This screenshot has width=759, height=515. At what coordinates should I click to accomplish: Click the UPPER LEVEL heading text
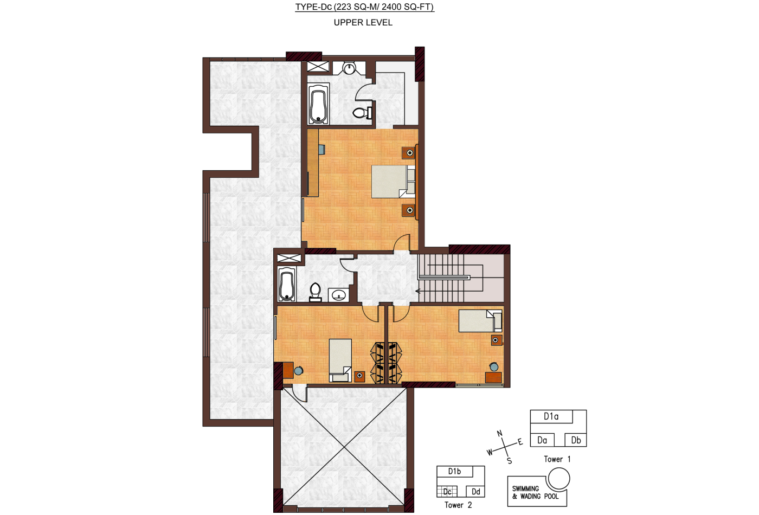click(363, 23)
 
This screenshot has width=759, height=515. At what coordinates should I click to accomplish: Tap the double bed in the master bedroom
click(394, 181)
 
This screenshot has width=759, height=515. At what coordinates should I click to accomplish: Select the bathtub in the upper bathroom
click(319, 104)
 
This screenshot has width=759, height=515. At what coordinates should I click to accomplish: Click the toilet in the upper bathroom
click(362, 113)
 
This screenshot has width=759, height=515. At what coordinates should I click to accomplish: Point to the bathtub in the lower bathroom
click(287, 284)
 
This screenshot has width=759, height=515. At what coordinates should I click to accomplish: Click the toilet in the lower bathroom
click(316, 292)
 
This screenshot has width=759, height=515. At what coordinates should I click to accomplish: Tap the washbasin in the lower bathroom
click(338, 295)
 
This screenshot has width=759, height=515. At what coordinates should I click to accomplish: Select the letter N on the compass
click(499, 433)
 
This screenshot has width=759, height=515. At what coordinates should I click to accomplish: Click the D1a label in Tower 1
click(551, 416)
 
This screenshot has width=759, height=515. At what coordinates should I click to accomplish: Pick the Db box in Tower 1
click(575, 440)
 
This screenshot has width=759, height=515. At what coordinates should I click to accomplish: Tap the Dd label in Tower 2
click(476, 491)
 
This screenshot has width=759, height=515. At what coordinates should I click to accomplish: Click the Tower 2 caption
click(458, 505)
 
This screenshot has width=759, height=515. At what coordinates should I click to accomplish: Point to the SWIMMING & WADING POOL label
click(536, 493)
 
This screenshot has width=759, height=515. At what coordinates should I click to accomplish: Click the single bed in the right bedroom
click(480, 321)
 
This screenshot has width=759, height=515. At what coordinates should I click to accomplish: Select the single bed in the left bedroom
click(340, 360)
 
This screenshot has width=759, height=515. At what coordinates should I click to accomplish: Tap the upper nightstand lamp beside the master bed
click(409, 153)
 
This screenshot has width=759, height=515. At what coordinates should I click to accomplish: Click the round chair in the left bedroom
click(298, 371)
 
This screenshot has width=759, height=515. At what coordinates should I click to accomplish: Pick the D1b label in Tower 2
click(454, 471)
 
